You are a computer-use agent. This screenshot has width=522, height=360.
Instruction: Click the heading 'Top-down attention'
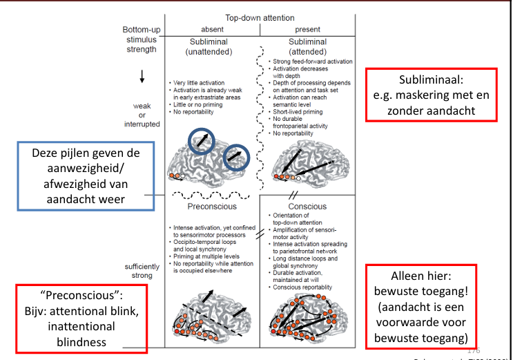(260, 17)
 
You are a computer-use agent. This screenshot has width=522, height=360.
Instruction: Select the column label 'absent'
(212, 30)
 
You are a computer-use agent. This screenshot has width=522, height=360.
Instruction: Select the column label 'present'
(308, 30)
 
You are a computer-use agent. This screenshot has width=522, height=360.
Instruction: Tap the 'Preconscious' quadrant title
(212, 206)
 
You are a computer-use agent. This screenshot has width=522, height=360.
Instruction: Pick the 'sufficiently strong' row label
(142, 272)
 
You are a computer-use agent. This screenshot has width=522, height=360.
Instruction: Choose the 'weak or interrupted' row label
(142, 115)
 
